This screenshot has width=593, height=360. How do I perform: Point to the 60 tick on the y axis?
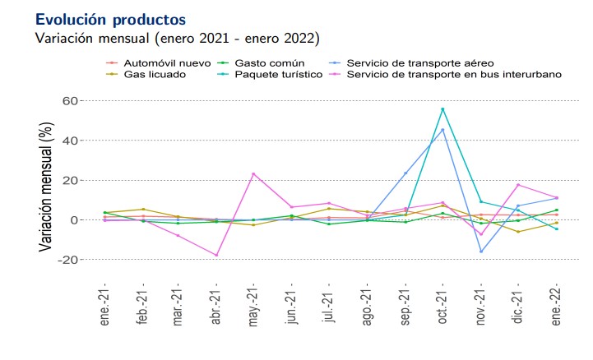pos(70,101)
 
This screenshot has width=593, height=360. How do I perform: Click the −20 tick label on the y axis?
pos(67,260)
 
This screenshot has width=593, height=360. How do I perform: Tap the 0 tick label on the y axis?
pos(74,220)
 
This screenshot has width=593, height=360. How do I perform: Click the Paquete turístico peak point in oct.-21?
pos(442,109)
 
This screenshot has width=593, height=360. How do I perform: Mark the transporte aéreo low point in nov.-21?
pos(480,252)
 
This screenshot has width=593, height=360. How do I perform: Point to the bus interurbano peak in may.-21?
pos(253,174)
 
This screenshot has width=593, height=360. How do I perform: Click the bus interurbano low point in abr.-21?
pos(216,256)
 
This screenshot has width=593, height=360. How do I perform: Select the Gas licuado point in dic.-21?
pos(518,232)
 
